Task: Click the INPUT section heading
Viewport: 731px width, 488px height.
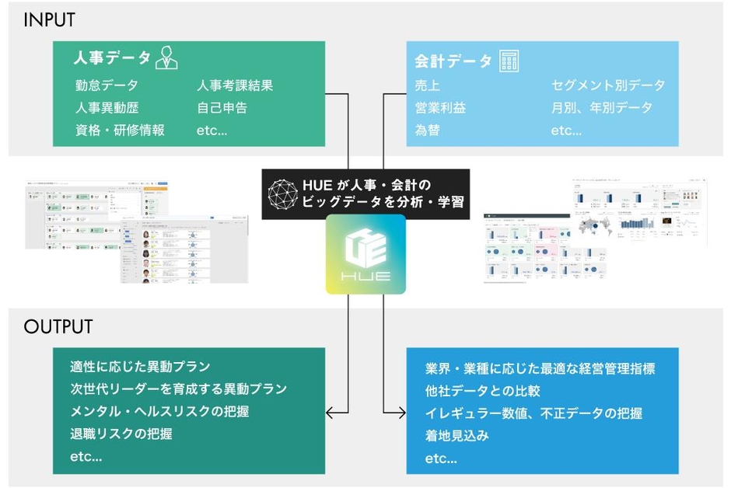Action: pyautogui.click(x=49, y=20)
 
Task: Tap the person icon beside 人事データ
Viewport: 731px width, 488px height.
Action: pyautogui.click(x=166, y=58)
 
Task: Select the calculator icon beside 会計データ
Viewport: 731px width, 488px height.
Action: pyautogui.click(x=509, y=60)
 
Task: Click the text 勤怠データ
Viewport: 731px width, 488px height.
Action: pyautogui.click(x=107, y=85)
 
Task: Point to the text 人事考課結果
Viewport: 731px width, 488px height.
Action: pyautogui.click(x=235, y=85)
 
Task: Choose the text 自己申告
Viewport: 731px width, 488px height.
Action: pyautogui.click(x=222, y=108)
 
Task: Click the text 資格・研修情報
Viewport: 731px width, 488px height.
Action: pyautogui.click(x=120, y=130)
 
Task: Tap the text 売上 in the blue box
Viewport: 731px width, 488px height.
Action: pyautogui.click(x=428, y=85)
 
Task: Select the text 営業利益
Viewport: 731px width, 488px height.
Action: pyautogui.click(x=440, y=108)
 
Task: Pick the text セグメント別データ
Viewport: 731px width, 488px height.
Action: pyautogui.click(x=608, y=85)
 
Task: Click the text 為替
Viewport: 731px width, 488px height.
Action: pyautogui.click(x=428, y=130)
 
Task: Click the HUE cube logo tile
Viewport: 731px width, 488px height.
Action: pyautogui.click(x=365, y=254)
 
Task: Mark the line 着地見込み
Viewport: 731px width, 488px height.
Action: pyautogui.click(x=456, y=436)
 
